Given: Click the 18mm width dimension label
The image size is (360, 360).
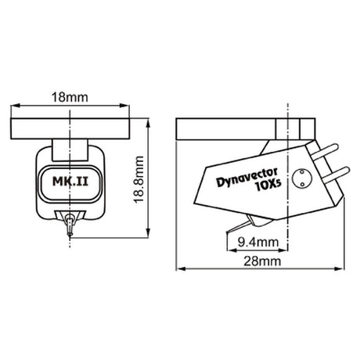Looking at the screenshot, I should click(x=70, y=97).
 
